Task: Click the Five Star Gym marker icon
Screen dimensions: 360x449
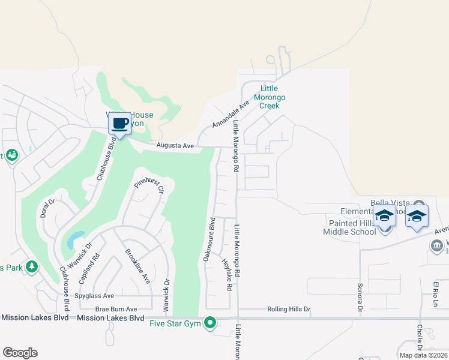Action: (210, 323)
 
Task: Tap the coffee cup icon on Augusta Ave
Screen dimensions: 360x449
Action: (119, 124)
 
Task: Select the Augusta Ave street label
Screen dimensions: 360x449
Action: (175, 145)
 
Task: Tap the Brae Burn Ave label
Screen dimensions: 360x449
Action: (112, 309)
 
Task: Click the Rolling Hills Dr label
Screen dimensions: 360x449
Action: (289, 310)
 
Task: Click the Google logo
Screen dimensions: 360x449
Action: (20, 353)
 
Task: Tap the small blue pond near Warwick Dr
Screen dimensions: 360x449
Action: (74, 240)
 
